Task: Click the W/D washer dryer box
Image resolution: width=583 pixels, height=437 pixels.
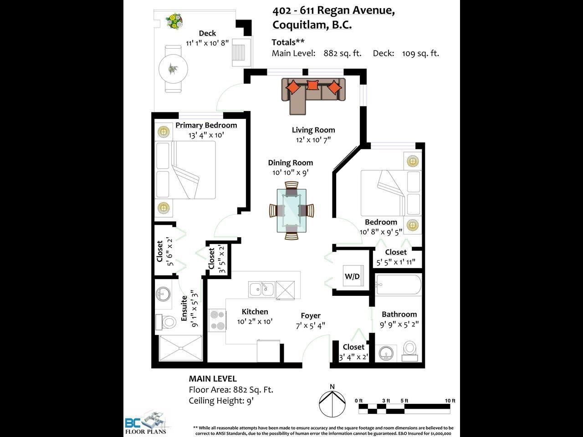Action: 353,276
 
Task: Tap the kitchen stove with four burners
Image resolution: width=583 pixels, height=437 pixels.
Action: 217,320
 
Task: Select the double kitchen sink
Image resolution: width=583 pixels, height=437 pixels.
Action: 261,289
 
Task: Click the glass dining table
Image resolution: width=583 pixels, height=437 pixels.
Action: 291,211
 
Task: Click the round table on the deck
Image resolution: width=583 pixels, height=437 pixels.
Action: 173,69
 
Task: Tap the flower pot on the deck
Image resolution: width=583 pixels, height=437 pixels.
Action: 174,21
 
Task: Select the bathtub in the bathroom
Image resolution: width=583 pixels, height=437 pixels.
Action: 399,285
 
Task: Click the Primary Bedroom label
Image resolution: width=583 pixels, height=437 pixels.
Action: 206,125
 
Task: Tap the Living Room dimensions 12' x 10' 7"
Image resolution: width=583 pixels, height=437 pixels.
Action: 313,140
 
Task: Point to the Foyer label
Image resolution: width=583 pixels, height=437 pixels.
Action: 311,316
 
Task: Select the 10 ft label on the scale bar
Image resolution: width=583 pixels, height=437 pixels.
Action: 450,401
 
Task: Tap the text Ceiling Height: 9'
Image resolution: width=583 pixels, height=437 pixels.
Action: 221,401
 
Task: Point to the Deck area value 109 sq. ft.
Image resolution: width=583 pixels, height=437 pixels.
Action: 420,53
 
